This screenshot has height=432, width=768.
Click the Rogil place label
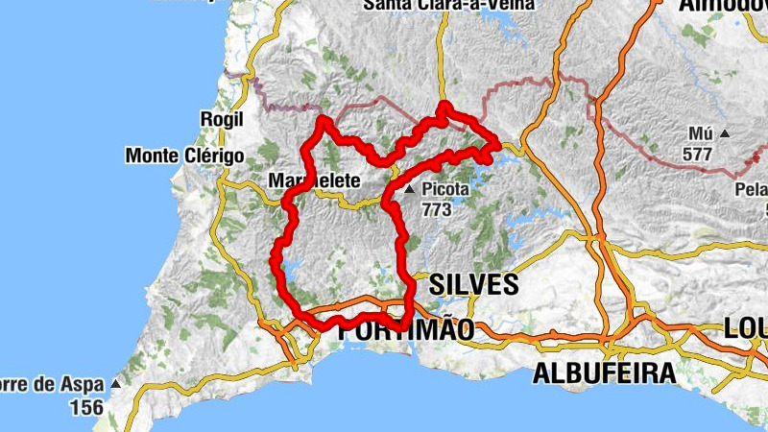pyautogui.click(x=216, y=118)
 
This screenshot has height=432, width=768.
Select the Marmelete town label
pyautogui.click(x=314, y=180)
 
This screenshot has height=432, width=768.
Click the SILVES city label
pyautogui.click(x=474, y=284)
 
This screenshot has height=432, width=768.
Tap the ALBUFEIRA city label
pyautogui.click(x=604, y=373)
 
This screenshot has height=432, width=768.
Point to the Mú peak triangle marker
pyautogui.click(x=725, y=134)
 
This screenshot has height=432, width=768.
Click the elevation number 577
pyautogui.click(x=699, y=154)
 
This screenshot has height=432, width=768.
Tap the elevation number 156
pyautogui.click(x=85, y=407)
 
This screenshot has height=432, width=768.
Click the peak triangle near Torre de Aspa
pyautogui.click(x=115, y=384)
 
